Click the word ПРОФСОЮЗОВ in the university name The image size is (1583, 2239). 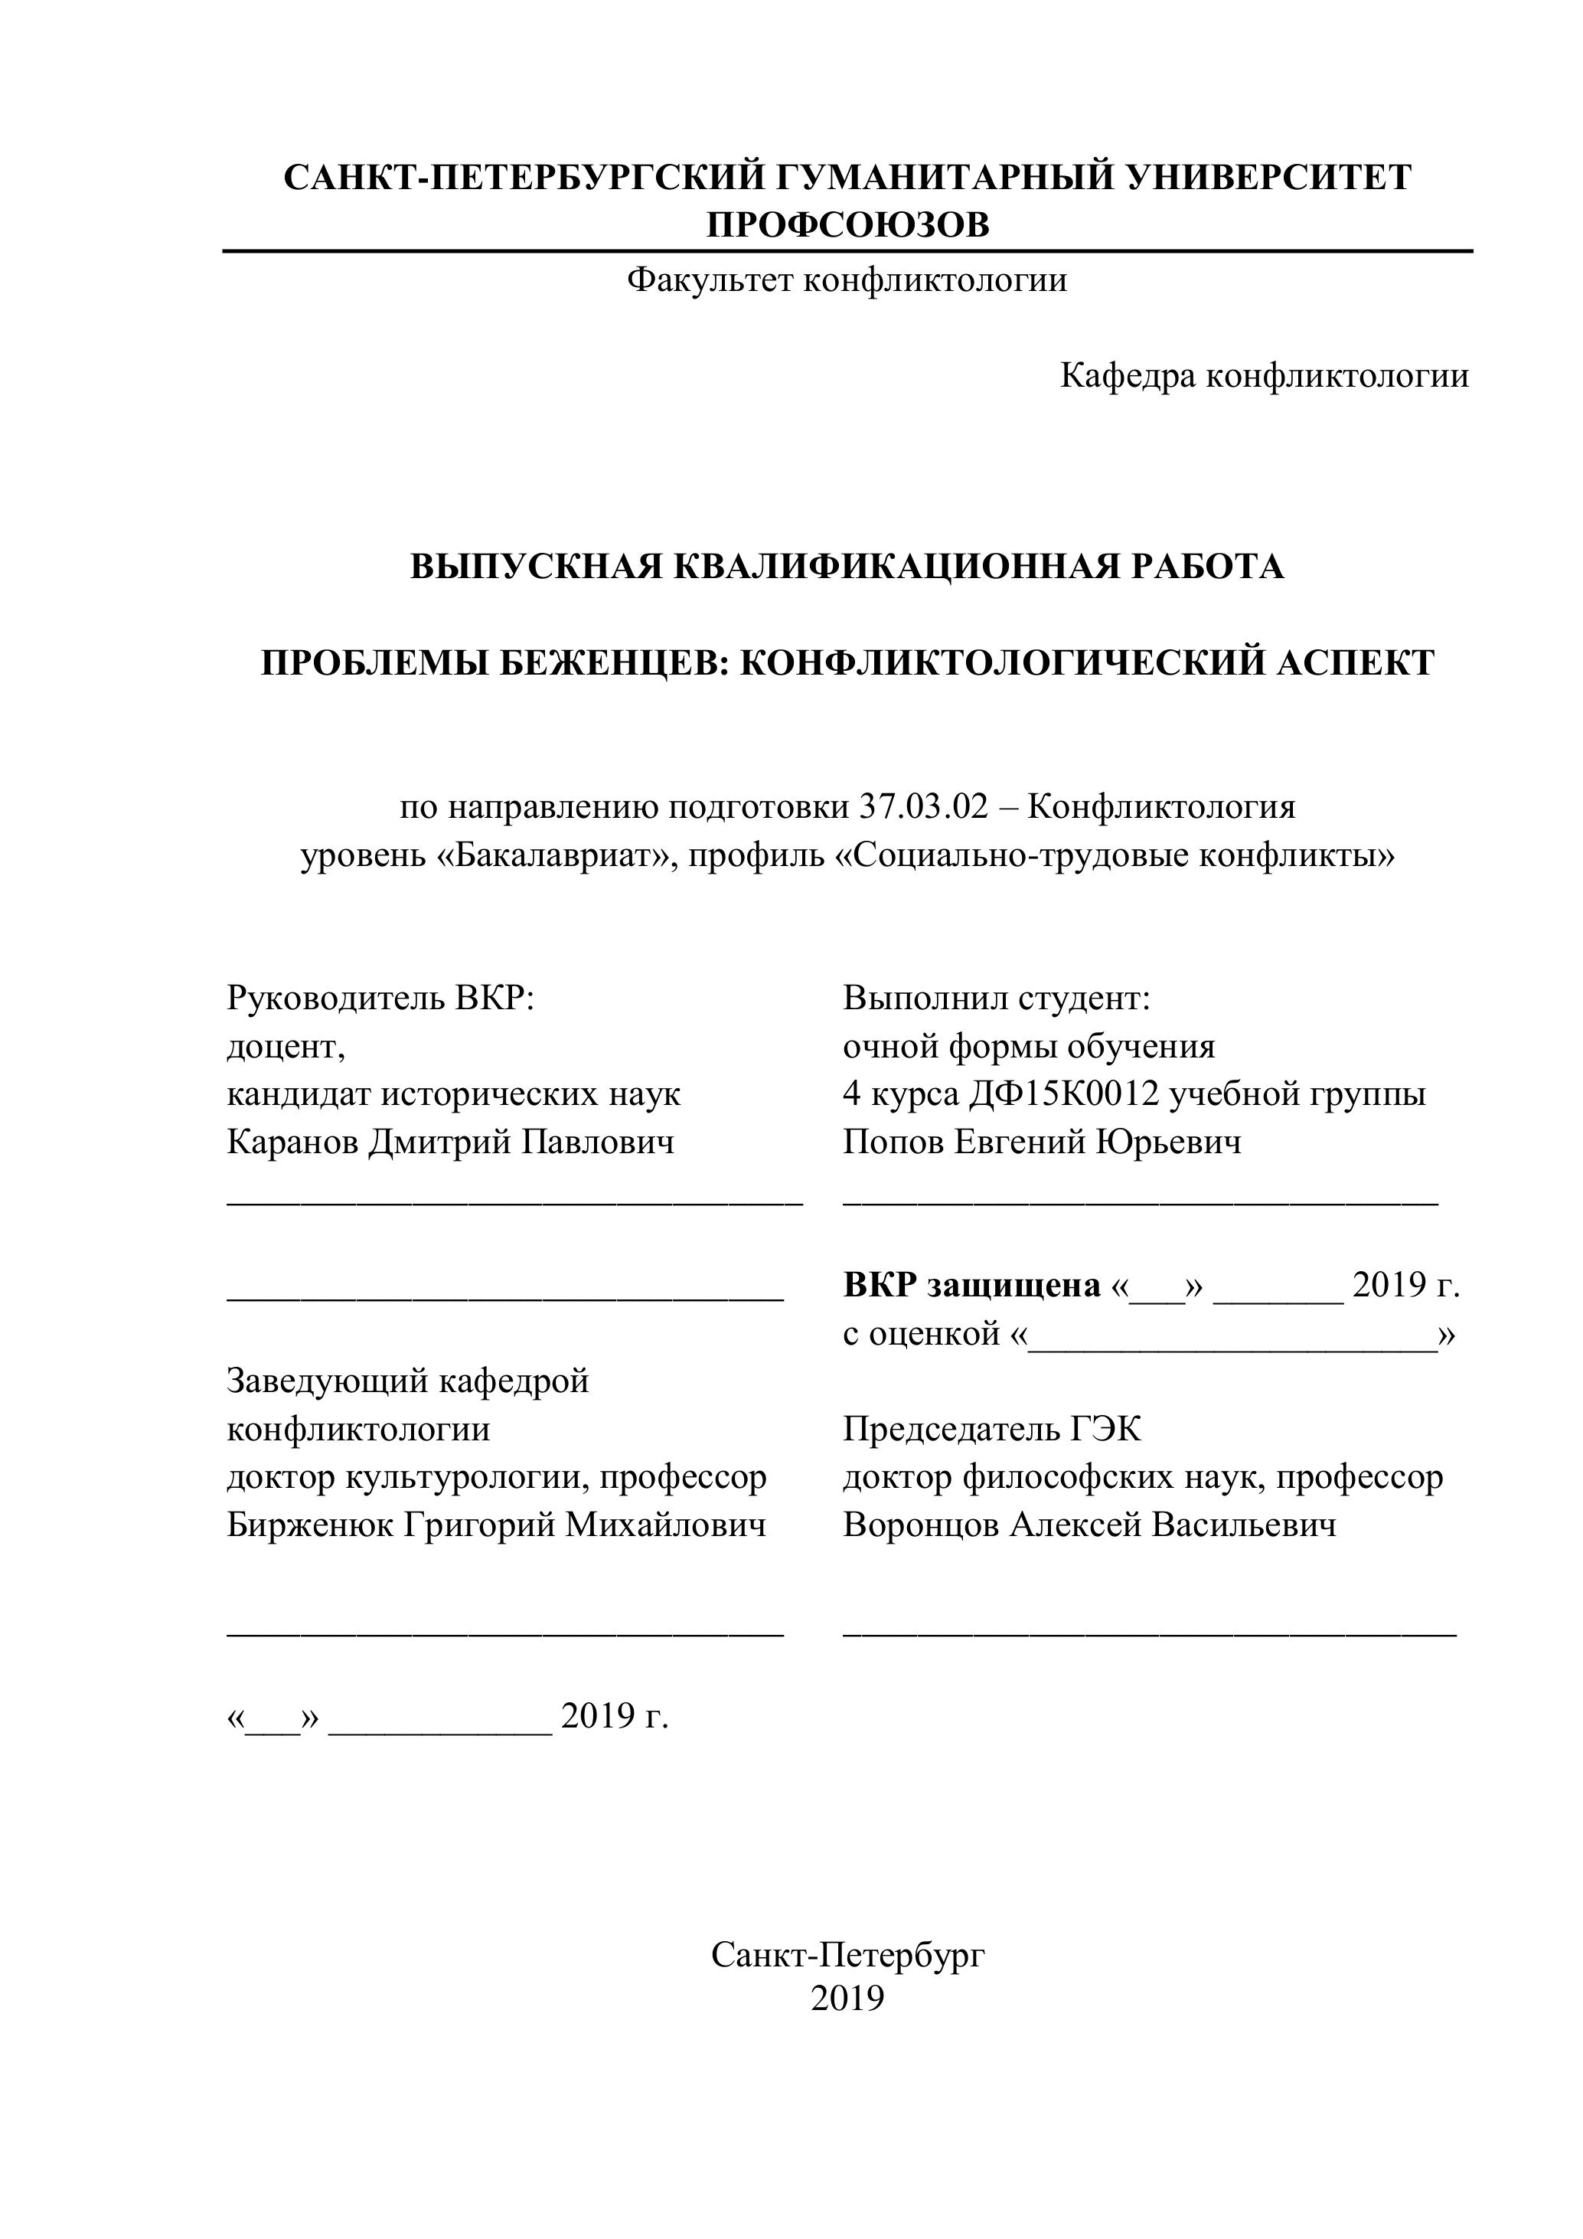coord(847,225)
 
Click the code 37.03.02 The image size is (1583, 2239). coord(923,807)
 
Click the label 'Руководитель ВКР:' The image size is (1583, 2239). coord(381,999)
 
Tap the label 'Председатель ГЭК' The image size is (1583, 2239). coord(991,1430)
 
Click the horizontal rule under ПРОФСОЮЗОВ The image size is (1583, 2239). coord(847,252)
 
